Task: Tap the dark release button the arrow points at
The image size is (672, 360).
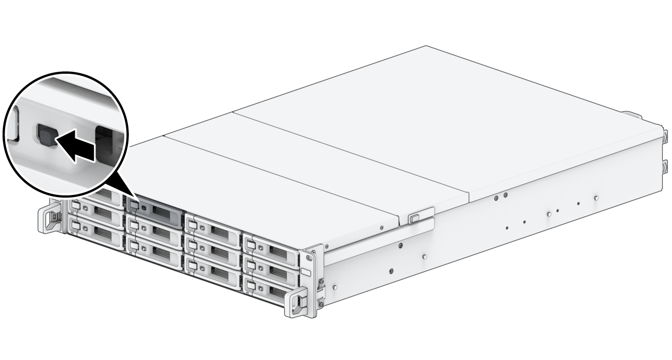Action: tap(43, 135)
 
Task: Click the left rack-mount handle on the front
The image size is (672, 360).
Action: tap(52, 219)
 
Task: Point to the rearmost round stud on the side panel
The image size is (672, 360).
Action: tap(596, 198)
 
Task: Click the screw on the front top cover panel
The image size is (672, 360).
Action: tap(381, 226)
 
